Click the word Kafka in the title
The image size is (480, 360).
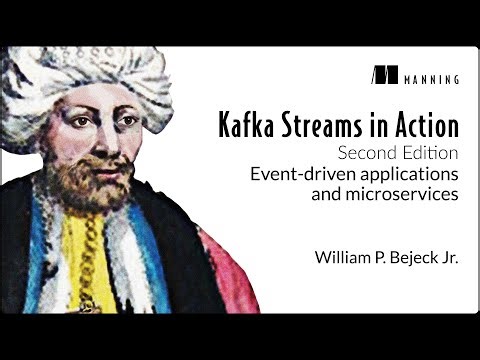pyautogui.click(x=244, y=127)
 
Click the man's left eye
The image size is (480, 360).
pyautogui.click(x=127, y=121)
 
